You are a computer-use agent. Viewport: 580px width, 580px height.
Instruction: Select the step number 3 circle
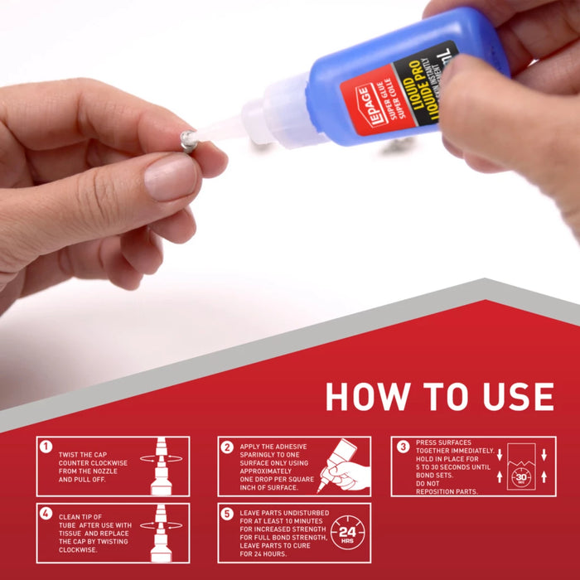tap(403, 446)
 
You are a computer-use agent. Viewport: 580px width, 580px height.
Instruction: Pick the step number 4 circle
tap(46, 513)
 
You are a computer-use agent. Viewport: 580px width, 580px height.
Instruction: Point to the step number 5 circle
tap(227, 513)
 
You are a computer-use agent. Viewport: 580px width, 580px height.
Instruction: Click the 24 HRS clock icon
tap(346, 533)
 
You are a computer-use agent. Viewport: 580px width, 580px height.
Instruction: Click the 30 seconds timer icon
tap(521, 477)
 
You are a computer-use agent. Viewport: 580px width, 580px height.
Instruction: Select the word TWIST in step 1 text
tap(69, 455)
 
